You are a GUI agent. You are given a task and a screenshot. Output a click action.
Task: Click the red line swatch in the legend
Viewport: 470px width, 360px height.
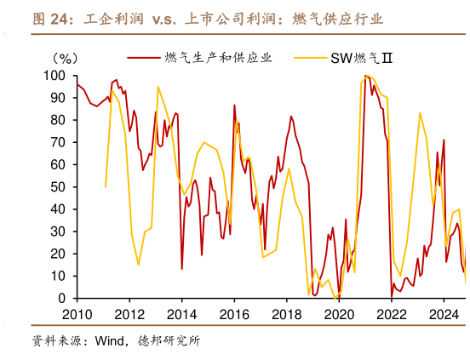pos(144,58)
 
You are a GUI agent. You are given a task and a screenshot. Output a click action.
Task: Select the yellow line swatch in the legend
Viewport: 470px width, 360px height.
pos(311,58)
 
